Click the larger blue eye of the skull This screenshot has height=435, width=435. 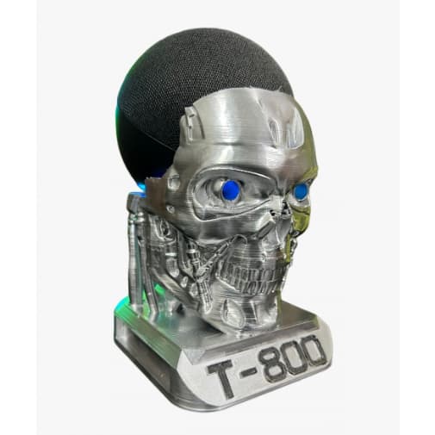click(x=230, y=190)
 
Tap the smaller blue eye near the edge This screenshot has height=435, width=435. click(x=301, y=190)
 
